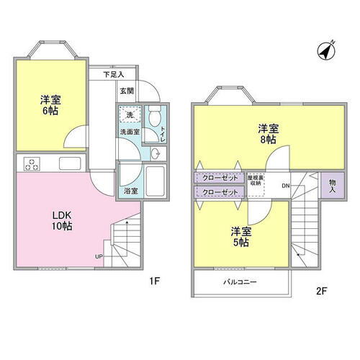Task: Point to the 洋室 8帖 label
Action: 269,135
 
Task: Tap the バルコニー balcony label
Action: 240,283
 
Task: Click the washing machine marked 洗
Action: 130,116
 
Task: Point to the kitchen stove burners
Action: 32,163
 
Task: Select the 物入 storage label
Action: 333,186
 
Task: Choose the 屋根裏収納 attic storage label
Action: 256,180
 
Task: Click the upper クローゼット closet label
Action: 220,177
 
